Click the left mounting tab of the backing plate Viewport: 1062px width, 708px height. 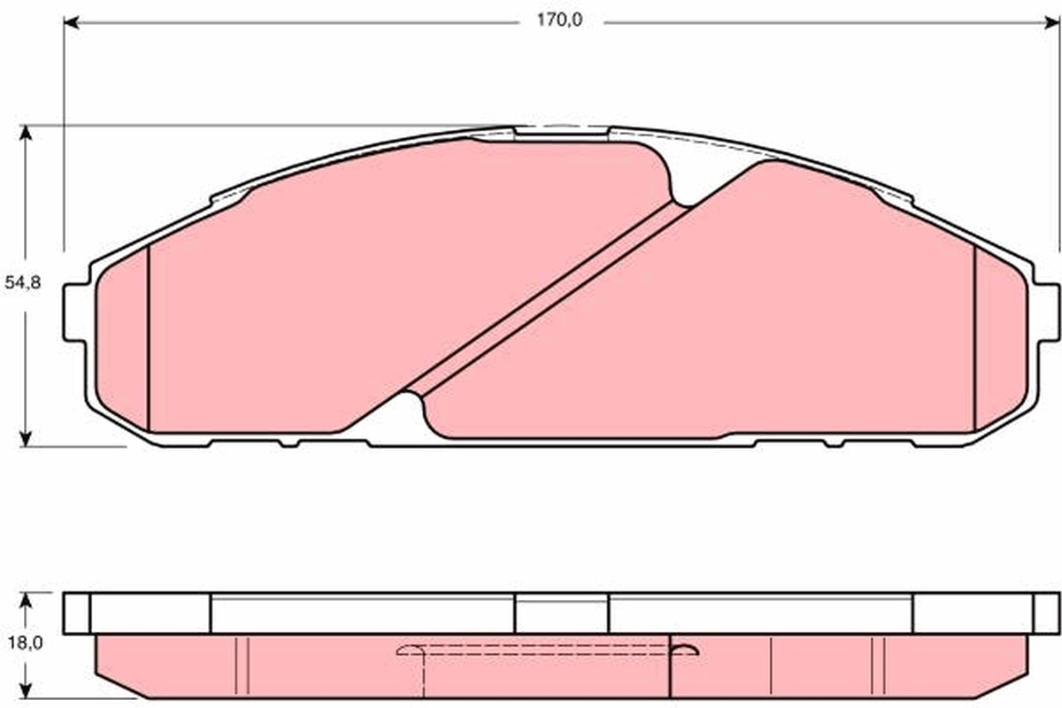[x=74, y=312]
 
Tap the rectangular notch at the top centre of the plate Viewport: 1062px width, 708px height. [x=561, y=133]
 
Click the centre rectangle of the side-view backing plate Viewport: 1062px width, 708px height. [x=561, y=613]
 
